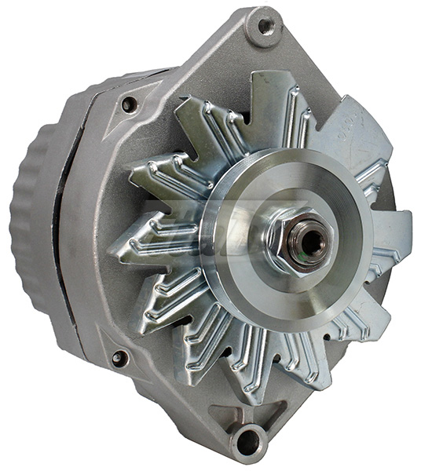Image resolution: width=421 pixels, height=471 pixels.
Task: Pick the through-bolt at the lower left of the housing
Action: click(x=120, y=358)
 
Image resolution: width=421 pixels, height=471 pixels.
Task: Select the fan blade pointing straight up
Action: click(x=271, y=102)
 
